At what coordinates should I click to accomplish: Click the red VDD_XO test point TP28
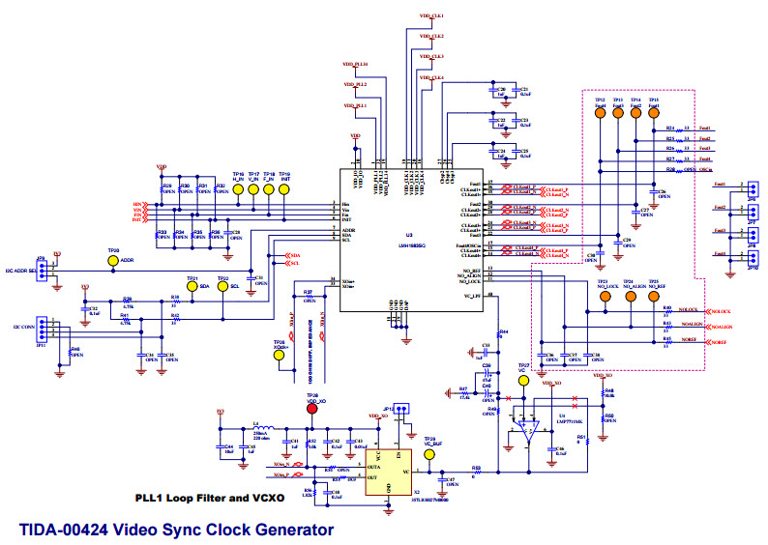(x=311, y=408)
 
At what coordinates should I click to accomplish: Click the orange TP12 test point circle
(x=600, y=112)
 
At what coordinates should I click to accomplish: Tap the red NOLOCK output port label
(x=721, y=311)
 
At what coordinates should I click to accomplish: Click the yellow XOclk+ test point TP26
(x=281, y=355)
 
